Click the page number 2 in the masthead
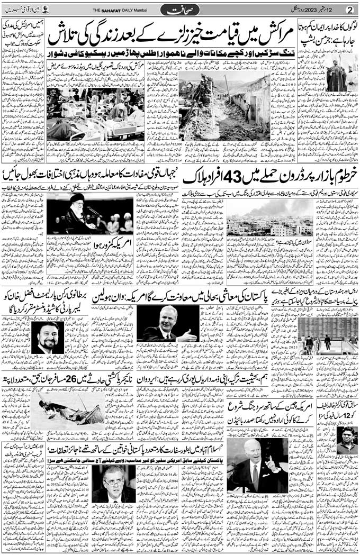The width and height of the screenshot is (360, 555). pyautogui.click(x=349, y=10)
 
